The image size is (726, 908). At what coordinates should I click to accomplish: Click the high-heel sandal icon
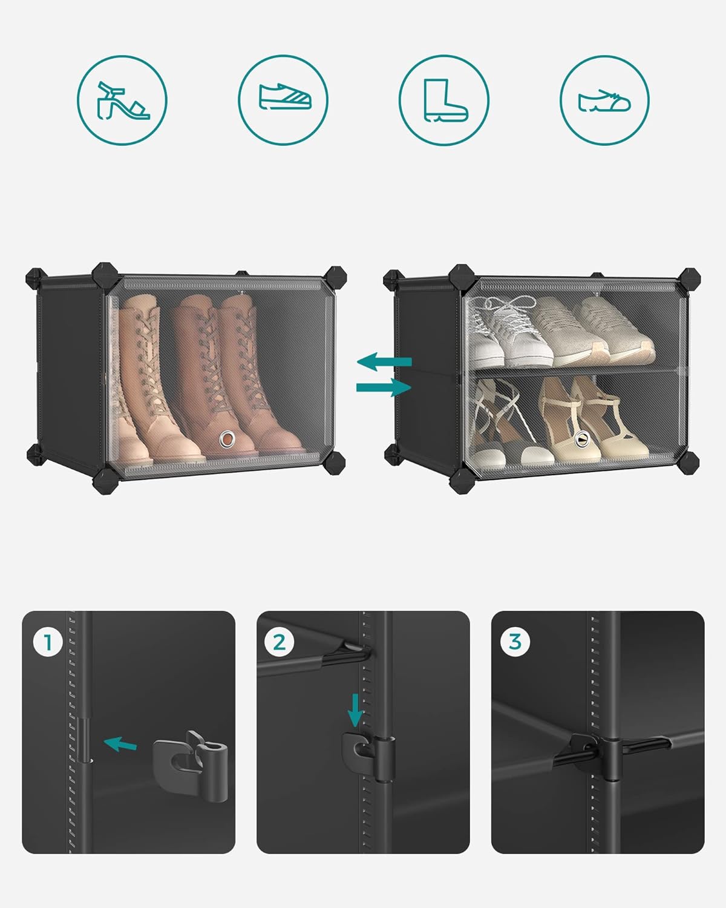coord(123,101)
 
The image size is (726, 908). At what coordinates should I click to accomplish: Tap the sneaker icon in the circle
coord(285,97)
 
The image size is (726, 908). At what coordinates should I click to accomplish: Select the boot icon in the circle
coord(445,100)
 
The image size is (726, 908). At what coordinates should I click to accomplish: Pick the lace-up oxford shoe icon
coord(604,101)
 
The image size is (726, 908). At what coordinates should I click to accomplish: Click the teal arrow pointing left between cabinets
coord(384,361)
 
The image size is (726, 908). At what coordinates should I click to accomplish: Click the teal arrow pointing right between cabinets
coord(384,387)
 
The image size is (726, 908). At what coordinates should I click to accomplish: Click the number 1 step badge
coord(48,643)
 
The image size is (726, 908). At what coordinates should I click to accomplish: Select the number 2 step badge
coord(279,643)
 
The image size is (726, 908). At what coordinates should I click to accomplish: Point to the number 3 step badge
coord(515,642)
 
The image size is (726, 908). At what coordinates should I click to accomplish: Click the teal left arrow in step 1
coord(120,745)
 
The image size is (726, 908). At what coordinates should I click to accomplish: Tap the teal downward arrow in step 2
coord(355,711)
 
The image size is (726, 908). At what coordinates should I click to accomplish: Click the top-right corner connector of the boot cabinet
coord(335,278)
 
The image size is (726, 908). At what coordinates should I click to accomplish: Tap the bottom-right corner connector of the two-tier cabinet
coord(688,463)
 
